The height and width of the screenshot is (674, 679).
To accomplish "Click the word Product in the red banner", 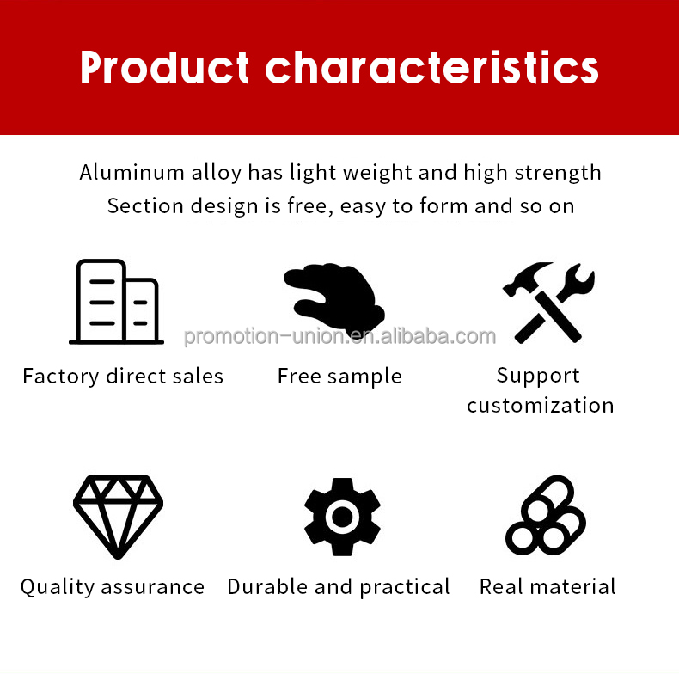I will point(164,67).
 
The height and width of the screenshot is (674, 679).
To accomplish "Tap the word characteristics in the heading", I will point(432,67).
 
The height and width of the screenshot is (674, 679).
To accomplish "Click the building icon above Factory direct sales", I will point(116,302).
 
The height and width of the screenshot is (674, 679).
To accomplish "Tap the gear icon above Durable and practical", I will point(342,517).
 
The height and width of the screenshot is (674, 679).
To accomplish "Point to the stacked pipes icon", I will point(546,516).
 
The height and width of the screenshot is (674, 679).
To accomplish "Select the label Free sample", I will point(339,377).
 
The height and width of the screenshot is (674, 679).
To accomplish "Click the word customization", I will point(541,405).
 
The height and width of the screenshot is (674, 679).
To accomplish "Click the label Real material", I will point(547,587).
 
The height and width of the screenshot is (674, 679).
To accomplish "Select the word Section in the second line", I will point(138,206).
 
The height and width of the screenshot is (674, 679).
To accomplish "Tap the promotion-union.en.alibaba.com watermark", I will point(339,336).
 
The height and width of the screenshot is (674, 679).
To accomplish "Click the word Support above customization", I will point(538,376).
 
